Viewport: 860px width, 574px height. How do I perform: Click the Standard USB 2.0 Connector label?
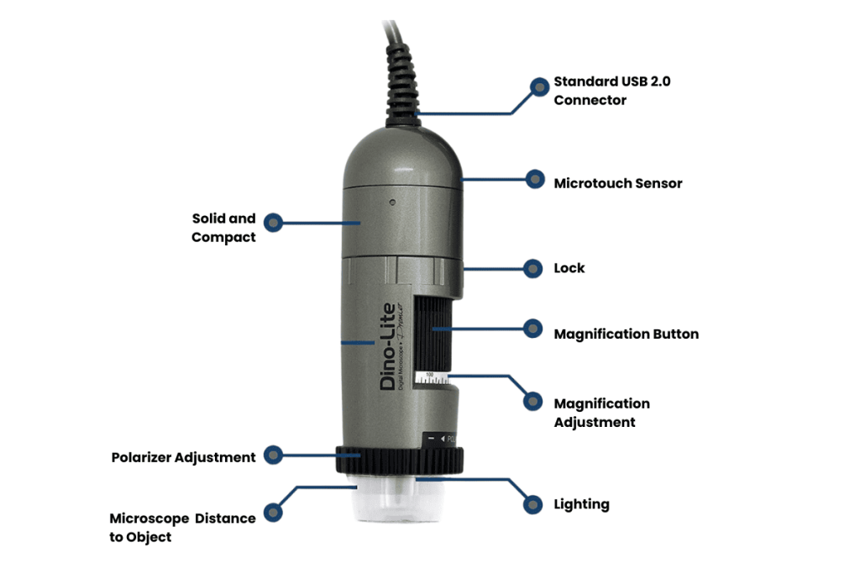pos(600,91)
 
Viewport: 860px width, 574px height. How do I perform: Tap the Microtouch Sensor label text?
pos(618,183)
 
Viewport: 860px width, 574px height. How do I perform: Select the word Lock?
pos(569,268)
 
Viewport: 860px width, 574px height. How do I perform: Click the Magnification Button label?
pos(626,334)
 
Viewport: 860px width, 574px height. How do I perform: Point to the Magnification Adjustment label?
pos(601,413)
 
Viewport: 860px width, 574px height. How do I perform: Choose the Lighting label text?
pos(581,504)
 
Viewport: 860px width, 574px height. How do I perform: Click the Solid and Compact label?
pos(223,228)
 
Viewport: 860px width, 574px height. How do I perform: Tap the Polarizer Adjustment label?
pos(183,457)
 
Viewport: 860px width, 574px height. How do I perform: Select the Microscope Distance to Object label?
pos(182,527)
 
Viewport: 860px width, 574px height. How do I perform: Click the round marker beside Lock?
pos(532,268)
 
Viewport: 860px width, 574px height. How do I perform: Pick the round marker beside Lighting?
pos(532,504)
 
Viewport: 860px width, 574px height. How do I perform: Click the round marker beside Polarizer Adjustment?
pos(272,455)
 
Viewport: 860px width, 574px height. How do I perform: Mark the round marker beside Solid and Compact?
pos(272,223)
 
